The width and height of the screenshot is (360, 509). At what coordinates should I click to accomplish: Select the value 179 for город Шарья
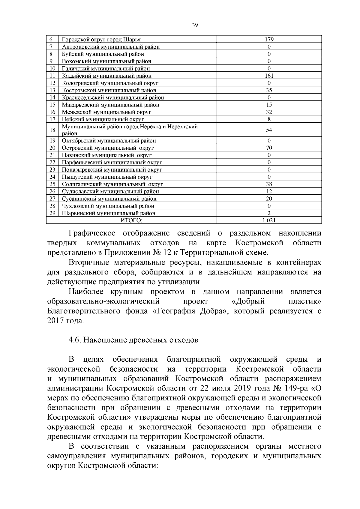click(269, 40)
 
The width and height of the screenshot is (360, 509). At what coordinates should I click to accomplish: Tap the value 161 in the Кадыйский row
click(269, 76)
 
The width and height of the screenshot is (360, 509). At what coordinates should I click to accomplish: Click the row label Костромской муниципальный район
click(109, 90)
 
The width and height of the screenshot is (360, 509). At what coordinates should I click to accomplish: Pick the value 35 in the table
click(269, 90)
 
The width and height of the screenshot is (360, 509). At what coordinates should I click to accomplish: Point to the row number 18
click(52, 130)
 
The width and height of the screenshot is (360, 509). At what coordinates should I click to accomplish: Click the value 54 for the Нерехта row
click(269, 130)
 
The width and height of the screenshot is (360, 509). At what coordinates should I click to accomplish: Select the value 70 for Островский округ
click(269, 148)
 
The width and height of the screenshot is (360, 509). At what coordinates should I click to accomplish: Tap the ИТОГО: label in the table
click(131, 220)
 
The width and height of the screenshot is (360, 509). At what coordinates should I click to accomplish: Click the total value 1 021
click(269, 220)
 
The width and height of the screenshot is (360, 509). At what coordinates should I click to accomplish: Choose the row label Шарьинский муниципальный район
click(109, 213)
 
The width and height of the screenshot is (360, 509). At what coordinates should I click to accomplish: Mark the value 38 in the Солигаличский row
click(269, 184)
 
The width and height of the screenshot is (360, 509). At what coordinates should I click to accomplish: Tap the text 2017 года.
click(65, 320)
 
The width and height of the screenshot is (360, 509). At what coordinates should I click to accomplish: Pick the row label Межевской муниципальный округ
click(106, 112)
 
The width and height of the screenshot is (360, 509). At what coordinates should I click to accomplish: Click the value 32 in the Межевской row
click(269, 112)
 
